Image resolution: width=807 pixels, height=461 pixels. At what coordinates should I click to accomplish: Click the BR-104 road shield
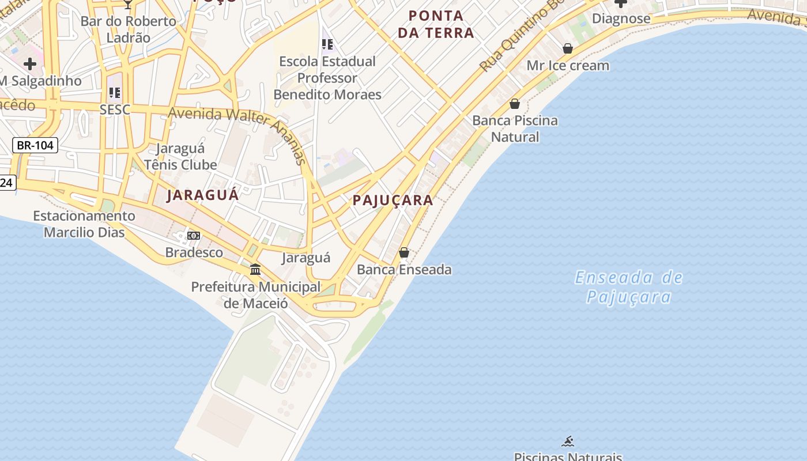tap(35, 145)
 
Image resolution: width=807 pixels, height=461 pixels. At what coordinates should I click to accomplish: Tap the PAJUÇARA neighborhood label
tap(393, 201)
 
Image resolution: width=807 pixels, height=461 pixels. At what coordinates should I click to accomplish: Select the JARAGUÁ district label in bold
tap(202, 195)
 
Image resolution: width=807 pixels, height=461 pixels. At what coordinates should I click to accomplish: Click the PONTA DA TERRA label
tap(436, 24)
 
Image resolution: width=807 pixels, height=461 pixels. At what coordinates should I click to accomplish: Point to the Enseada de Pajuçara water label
tap(629, 287)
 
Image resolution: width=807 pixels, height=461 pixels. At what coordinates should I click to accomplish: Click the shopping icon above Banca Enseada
tap(404, 252)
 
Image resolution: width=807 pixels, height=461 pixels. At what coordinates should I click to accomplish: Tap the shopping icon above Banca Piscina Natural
tap(515, 104)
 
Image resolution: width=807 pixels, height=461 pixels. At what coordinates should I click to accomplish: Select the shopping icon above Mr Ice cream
tap(568, 48)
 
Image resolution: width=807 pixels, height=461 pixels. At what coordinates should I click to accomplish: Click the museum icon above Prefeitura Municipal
tap(255, 269)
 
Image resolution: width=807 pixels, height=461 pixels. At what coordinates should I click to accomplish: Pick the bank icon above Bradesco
tap(194, 236)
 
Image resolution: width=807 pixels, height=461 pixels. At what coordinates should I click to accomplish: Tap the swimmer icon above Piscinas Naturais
tap(568, 442)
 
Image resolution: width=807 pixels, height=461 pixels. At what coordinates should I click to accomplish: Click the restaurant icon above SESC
tap(115, 92)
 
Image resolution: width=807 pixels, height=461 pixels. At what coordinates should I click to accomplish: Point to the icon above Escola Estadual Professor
tap(327, 44)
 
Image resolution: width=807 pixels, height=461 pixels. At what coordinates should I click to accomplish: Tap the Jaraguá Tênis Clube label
tap(180, 157)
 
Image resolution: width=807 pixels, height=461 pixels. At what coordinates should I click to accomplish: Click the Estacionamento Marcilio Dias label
tap(84, 224)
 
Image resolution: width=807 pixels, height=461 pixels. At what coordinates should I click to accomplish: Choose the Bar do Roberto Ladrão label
tap(128, 29)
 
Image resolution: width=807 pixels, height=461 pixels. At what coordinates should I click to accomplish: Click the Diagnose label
tap(621, 18)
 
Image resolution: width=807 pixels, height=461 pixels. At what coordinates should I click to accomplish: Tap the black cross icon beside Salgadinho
tap(30, 64)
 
